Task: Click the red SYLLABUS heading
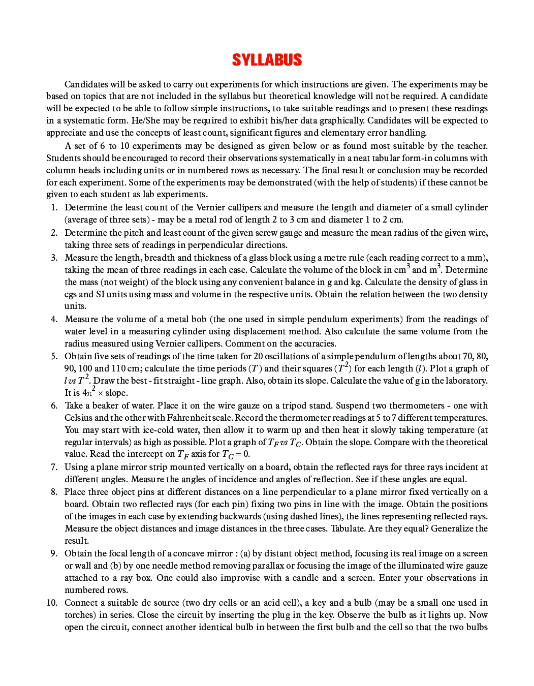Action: click(x=267, y=60)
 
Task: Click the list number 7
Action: click(x=54, y=467)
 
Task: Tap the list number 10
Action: click(x=52, y=603)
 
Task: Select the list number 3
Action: click(x=54, y=258)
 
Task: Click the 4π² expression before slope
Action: click(x=89, y=392)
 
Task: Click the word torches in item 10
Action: click(x=79, y=615)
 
